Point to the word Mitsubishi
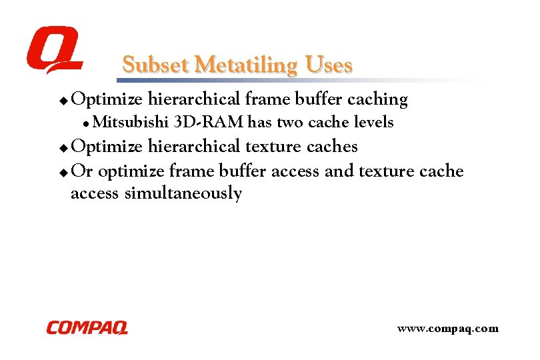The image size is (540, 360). click(131, 123)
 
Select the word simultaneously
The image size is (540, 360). click(183, 194)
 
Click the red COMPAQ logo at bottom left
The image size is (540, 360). click(87, 327)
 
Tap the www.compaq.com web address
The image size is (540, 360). click(447, 328)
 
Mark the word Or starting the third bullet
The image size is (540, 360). click(82, 171)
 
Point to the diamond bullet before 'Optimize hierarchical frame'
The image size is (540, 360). click(63, 101)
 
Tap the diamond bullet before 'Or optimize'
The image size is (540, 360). click(63, 173)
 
